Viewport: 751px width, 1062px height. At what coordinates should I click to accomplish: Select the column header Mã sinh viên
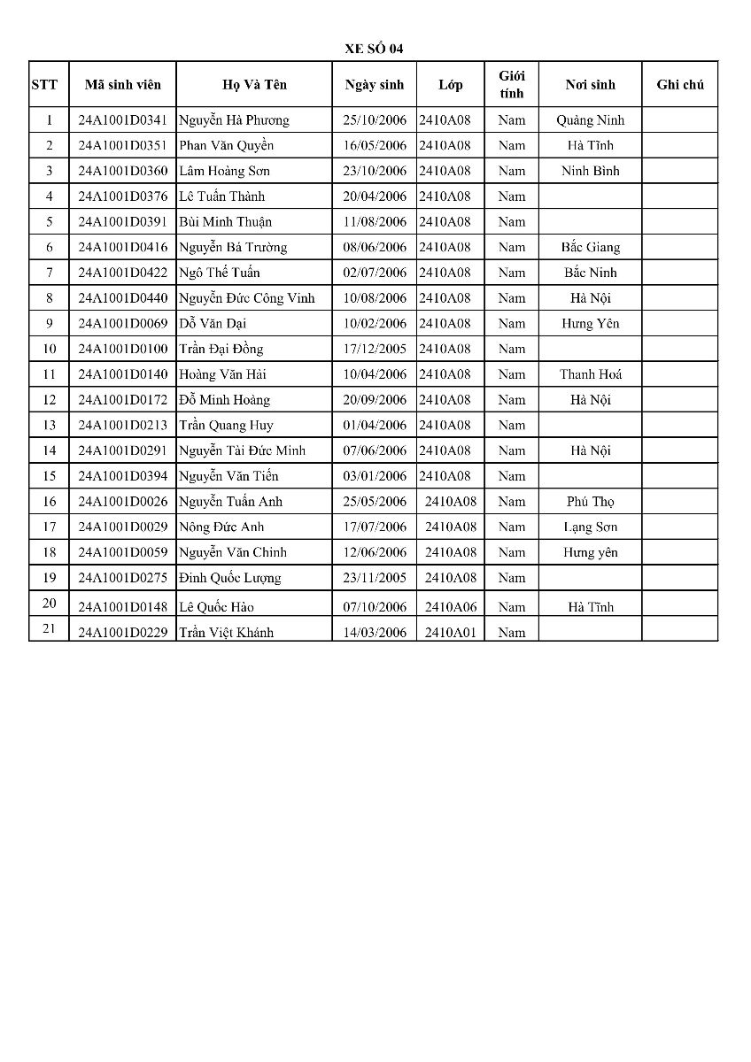pos(123,85)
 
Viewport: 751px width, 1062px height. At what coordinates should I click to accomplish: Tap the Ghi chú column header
pos(680,85)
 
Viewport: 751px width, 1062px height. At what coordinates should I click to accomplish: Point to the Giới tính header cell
pos(511,85)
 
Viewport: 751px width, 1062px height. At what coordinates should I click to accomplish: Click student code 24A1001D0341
pos(123,120)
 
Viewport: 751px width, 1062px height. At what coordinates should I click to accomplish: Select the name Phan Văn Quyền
pos(226,145)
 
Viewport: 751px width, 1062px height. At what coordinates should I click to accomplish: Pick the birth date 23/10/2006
pos(375,171)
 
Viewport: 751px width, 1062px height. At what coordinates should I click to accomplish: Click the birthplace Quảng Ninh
pos(590,120)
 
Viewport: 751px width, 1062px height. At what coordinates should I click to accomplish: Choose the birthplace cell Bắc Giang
pos(590,247)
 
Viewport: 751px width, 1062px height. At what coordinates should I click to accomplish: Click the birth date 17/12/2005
pos(375,349)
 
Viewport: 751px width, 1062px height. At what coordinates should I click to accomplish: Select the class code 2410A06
pos(450,607)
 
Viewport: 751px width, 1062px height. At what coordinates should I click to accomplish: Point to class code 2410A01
pos(450,633)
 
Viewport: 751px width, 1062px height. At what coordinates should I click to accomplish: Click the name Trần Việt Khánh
pos(226,633)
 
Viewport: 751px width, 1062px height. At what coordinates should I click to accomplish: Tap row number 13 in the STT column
pos(49,426)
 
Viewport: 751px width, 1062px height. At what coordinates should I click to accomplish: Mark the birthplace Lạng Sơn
pos(590,527)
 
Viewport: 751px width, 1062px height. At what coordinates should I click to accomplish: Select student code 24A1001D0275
pos(123,578)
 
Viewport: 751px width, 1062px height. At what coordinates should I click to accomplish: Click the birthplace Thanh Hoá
pos(590,374)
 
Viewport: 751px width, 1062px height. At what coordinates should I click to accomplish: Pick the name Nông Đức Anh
pos(221,527)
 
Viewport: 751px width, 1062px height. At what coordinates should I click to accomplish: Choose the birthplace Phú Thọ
pos(590,502)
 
